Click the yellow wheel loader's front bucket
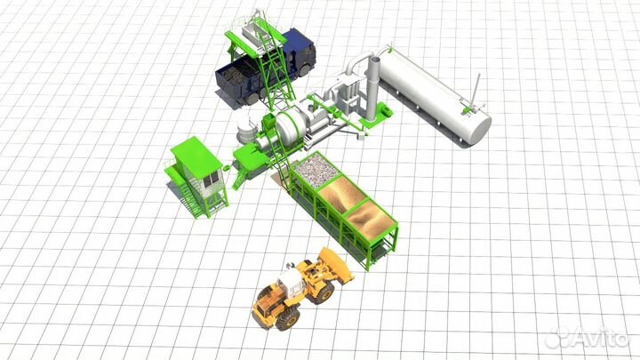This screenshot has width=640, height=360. (335, 264)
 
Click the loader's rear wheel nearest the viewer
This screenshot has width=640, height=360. (289, 317)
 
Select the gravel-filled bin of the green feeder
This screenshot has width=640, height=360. (316, 170)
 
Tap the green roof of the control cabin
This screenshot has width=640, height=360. (196, 156)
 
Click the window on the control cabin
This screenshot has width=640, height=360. (211, 180)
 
